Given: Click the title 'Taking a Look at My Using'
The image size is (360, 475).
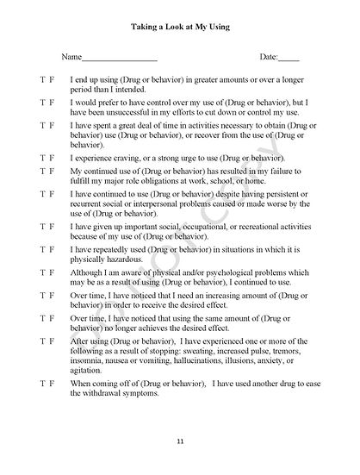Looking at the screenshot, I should point(180,28).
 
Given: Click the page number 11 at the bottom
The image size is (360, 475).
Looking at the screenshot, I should point(180,441).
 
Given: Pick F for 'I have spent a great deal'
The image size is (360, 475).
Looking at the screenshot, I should point(53,125).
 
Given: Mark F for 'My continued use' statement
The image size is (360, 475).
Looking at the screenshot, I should point(53,172).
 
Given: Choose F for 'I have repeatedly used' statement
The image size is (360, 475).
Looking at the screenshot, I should point(53,247).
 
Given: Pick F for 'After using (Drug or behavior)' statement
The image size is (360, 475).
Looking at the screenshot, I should point(53,341).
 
